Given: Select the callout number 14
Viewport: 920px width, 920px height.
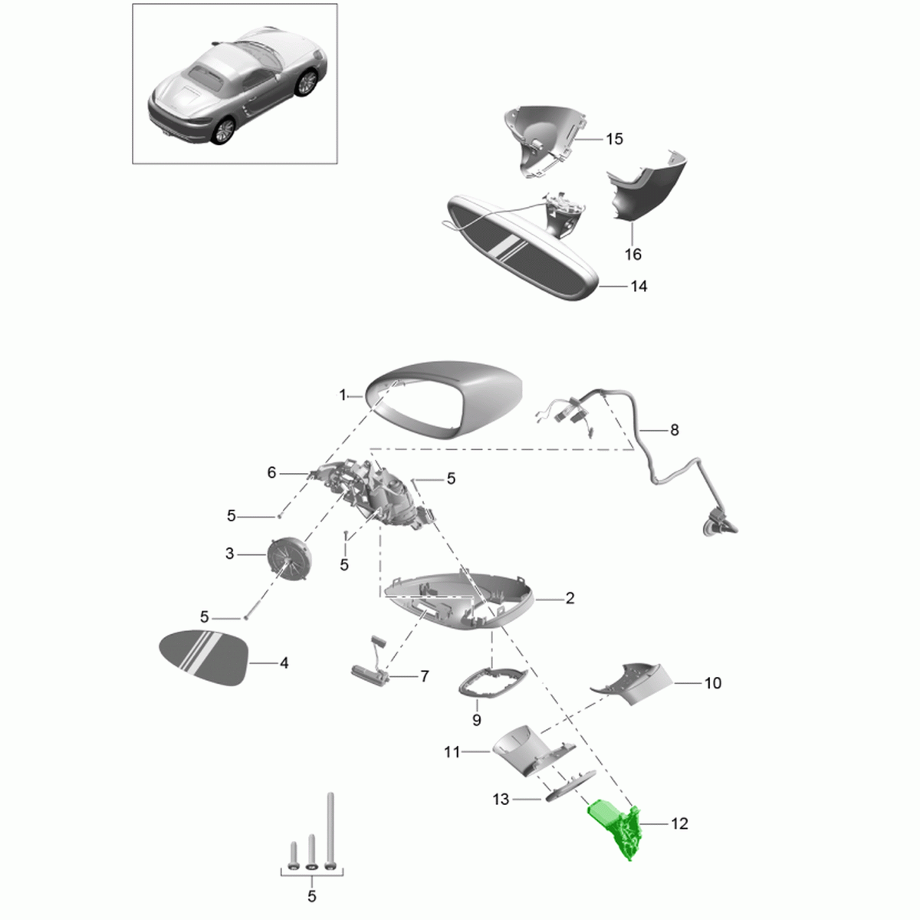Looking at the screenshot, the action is (639, 287).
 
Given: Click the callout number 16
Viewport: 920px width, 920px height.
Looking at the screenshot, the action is (633, 255).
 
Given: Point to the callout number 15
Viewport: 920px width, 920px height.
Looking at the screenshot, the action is (614, 139).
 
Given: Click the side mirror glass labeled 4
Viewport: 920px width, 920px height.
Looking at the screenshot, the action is (203, 658).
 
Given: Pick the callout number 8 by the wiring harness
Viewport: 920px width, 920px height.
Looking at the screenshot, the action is (674, 430).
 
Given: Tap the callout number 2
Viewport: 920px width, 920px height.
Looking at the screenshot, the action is (570, 598).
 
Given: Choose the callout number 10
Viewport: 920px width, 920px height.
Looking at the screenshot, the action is (713, 683).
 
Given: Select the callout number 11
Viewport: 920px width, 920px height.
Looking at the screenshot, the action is (452, 752).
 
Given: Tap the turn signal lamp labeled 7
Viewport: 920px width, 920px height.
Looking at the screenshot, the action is (371, 671).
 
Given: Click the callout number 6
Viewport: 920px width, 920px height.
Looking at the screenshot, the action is (271, 473).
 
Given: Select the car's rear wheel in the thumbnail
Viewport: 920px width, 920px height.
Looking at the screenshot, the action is (223, 131).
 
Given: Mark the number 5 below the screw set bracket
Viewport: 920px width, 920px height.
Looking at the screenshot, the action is (312, 896).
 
